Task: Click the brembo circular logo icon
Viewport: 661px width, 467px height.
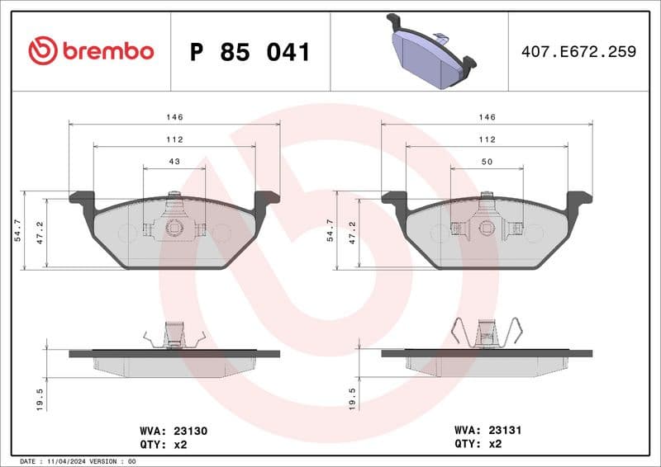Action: pyautogui.click(x=43, y=51)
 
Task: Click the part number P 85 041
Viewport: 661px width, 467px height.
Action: pyautogui.click(x=250, y=52)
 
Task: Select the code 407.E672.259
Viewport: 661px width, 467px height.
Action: pyautogui.click(x=578, y=51)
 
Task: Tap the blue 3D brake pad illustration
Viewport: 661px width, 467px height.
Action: pyautogui.click(x=430, y=52)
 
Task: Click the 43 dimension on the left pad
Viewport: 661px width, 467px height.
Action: pyautogui.click(x=174, y=162)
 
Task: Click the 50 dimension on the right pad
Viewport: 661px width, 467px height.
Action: pyautogui.click(x=487, y=162)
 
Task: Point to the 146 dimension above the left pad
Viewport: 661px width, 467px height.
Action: pyautogui.click(x=174, y=118)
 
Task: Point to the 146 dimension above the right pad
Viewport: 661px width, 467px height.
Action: pyautogui.click(x=487, y=118)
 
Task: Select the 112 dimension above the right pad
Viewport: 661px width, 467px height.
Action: pyautogui.click(x=487, y=139)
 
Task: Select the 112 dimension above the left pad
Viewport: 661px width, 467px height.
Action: pyautogui.click(x=174, y=139)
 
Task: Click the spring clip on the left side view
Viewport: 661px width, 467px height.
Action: pyautogui.click(x=174, y=335)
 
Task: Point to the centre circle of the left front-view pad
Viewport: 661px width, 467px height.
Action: pyautogui.click(x=174, y=229)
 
